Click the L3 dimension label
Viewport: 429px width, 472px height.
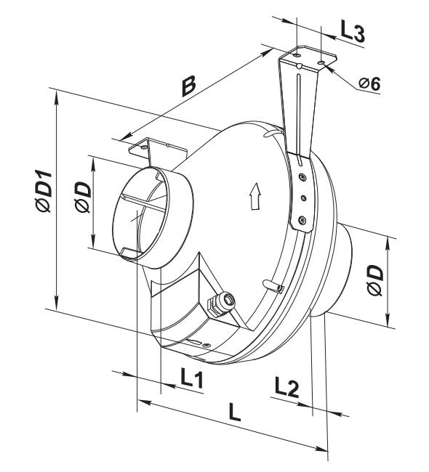point(353,30)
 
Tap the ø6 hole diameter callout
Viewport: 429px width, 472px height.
point(369,83)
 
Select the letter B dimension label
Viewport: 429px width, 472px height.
point(189,86)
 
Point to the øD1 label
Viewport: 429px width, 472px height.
point(43,191)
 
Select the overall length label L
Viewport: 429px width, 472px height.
point(235,412)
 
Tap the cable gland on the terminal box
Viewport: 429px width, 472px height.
point(221,302)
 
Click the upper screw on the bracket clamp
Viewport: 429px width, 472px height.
point(302,176)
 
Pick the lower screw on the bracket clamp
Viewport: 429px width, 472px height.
point(302,220)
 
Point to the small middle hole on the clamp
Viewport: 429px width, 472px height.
point(304,198)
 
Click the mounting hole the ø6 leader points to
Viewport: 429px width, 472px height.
point(321,62)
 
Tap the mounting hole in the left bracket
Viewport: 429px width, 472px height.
point(145,147)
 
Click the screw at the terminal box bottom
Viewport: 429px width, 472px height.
point(207,344)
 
